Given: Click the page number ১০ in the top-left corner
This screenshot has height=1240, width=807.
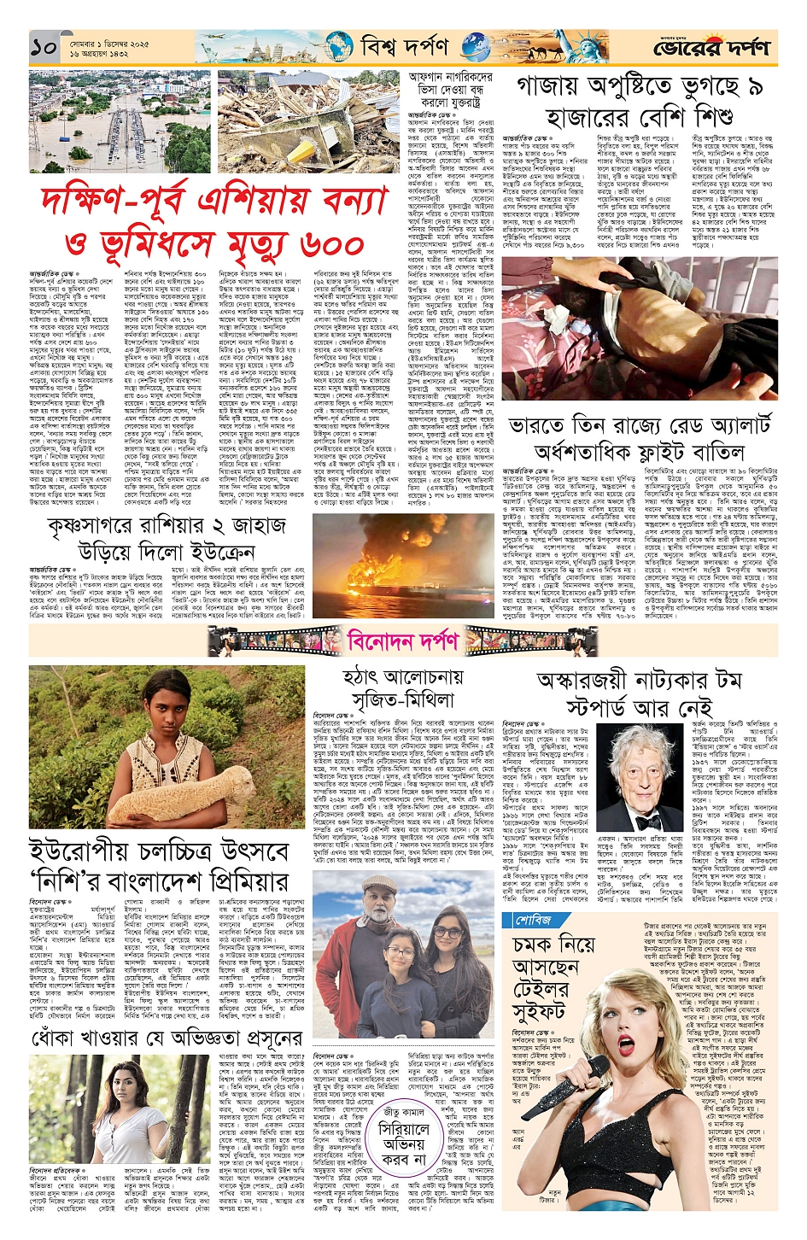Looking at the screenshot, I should pos(44,48).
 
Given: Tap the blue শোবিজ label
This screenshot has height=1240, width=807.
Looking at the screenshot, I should pos(535,920).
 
